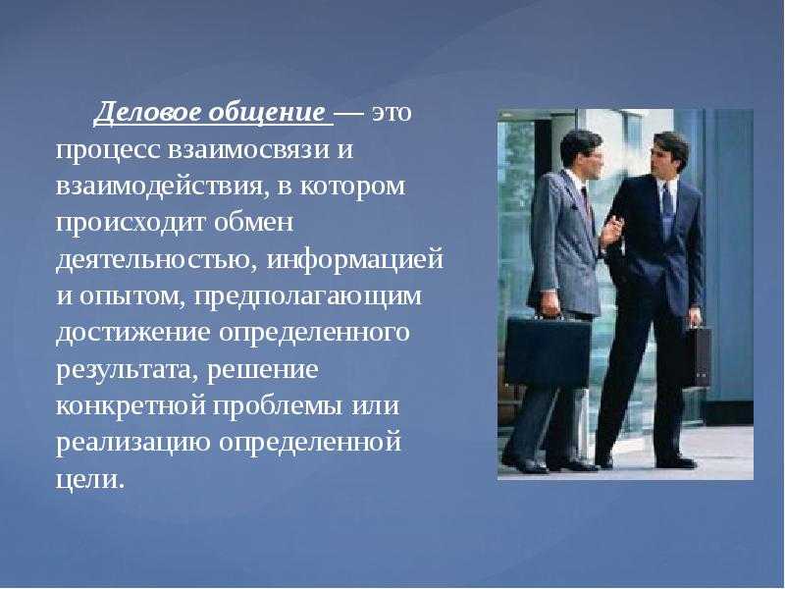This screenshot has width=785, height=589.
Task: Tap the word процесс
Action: pyautogui.click(x=108, y=151)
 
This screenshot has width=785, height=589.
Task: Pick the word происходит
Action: pyautogui.click(x=131, y=223)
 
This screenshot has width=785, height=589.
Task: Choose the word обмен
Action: pyautogui.click(x=253, y=222)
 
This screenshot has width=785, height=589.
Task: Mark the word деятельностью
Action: pyautogui.click(x=156, y=260)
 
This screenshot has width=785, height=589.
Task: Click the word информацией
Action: pyautogui.click(x=354, y=260)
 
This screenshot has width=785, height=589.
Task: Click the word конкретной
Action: pyautogui.click(x=131, y=406)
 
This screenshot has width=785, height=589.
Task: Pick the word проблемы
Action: pyautogui.click(x=279, y=406)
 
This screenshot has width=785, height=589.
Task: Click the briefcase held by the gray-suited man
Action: pyautogui.click(x=549, y=349)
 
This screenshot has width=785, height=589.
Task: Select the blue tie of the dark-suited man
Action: pyautogui.click(x=666, y=211)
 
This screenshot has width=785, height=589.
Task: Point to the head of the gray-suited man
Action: pyautogui.click(x=581, y=154)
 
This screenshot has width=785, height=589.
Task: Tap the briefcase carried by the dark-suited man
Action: pyautogui.click(x=698, y=354)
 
